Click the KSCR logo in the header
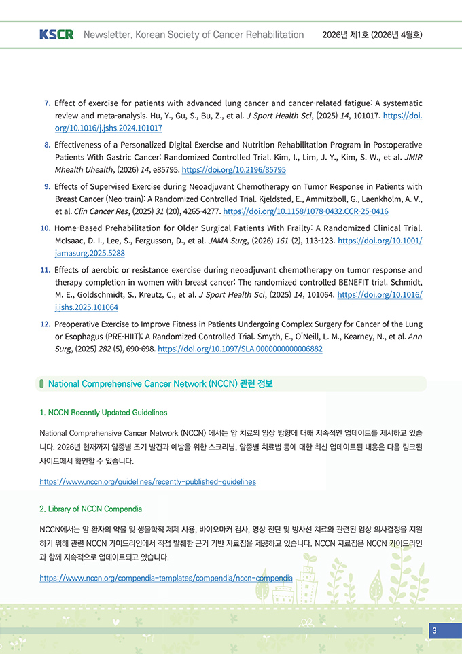pos(56,35)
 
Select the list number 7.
pos(47,103)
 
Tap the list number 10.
pos(46,228)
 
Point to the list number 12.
pos(46,324)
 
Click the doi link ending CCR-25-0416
pos(306,211)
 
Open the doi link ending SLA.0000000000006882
pos(240,349)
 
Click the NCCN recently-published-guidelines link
pos(147,481)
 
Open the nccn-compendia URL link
pos(166,578)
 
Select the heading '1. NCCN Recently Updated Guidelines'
pos(103,413)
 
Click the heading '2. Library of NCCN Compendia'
pos(90,509)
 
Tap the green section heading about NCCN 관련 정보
pos(160,384)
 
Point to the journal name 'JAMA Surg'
pos(215,240)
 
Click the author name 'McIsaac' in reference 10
pos(70,240)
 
